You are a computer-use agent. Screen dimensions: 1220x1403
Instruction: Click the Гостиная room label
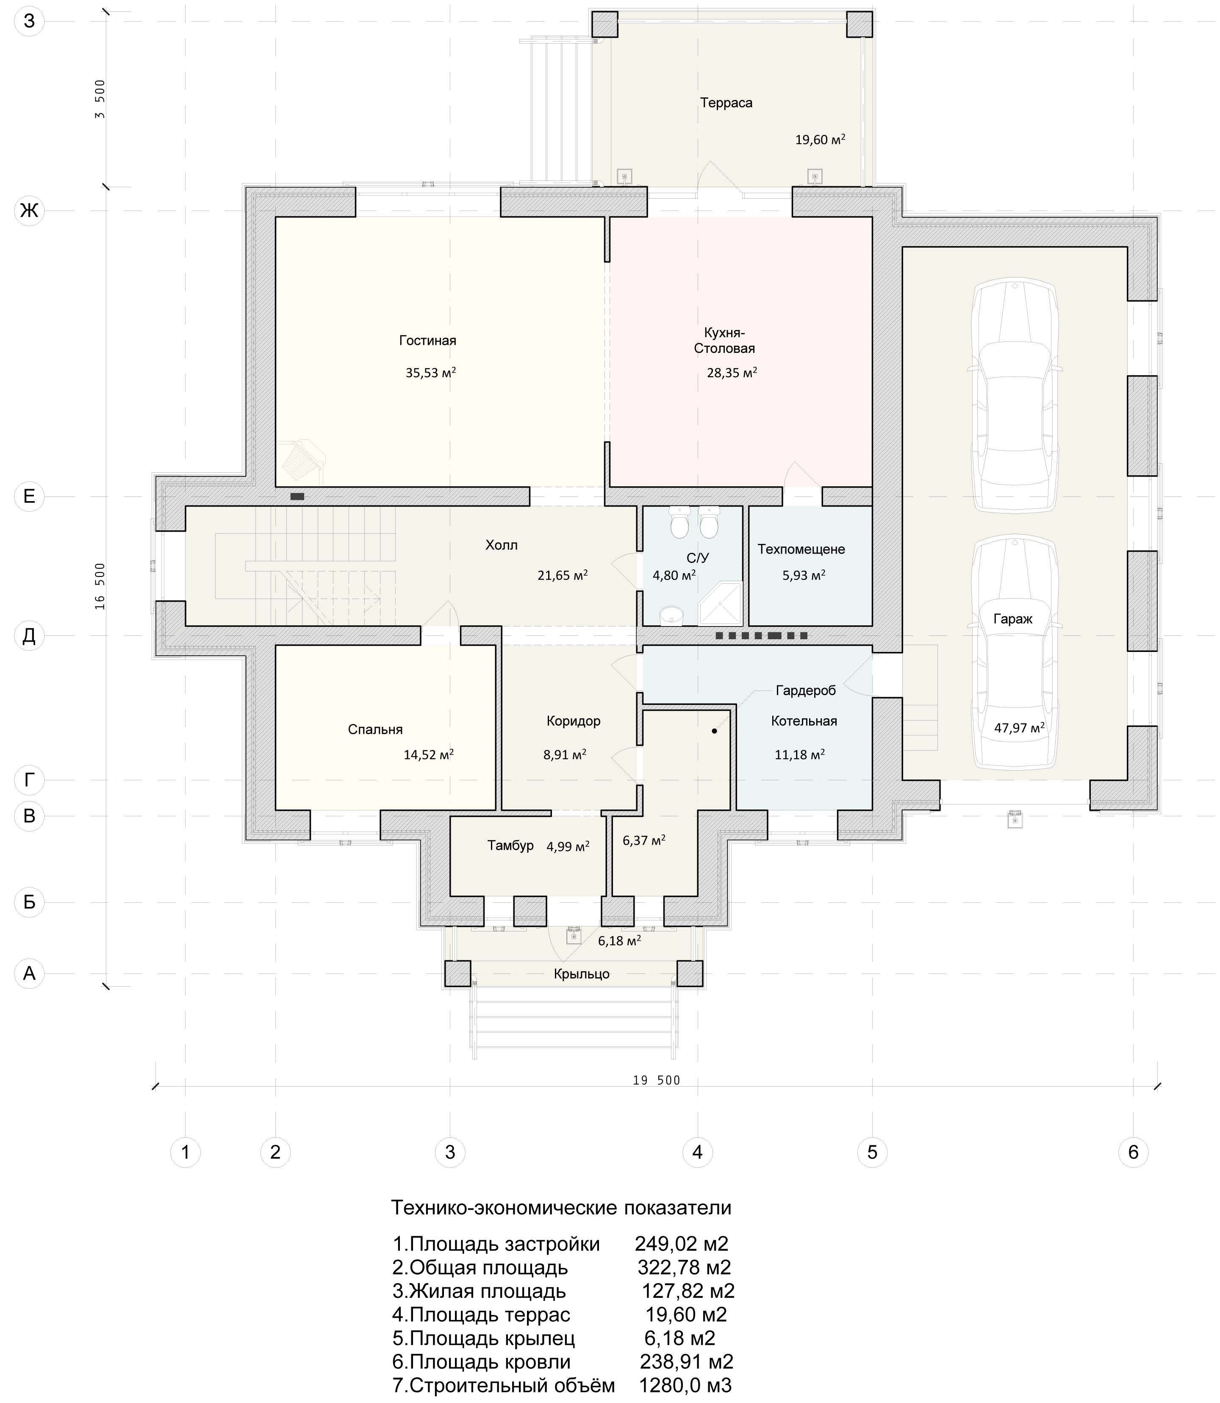(427, 340)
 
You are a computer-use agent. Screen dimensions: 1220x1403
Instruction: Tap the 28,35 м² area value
(732, 372)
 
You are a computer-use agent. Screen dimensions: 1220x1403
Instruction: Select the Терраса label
(726, 103)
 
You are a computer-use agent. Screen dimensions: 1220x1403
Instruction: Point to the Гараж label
(1013, 619)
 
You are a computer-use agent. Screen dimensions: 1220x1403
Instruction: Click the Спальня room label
(375, 729)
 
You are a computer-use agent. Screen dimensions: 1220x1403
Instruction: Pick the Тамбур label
(510, 846)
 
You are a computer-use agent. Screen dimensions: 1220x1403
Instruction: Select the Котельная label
(804, 721)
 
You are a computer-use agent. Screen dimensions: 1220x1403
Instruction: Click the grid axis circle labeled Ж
(29, 211)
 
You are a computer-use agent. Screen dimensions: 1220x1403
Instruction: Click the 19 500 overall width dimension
(656, 1080)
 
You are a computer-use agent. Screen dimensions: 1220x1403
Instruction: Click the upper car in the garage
(1015, 395)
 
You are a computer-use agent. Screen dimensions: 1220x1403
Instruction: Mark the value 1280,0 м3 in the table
(685, 1385)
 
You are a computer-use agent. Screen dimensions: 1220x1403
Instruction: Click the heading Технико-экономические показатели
(561, 1208)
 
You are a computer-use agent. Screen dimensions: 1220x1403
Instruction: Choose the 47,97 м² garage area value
(1019, 727)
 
